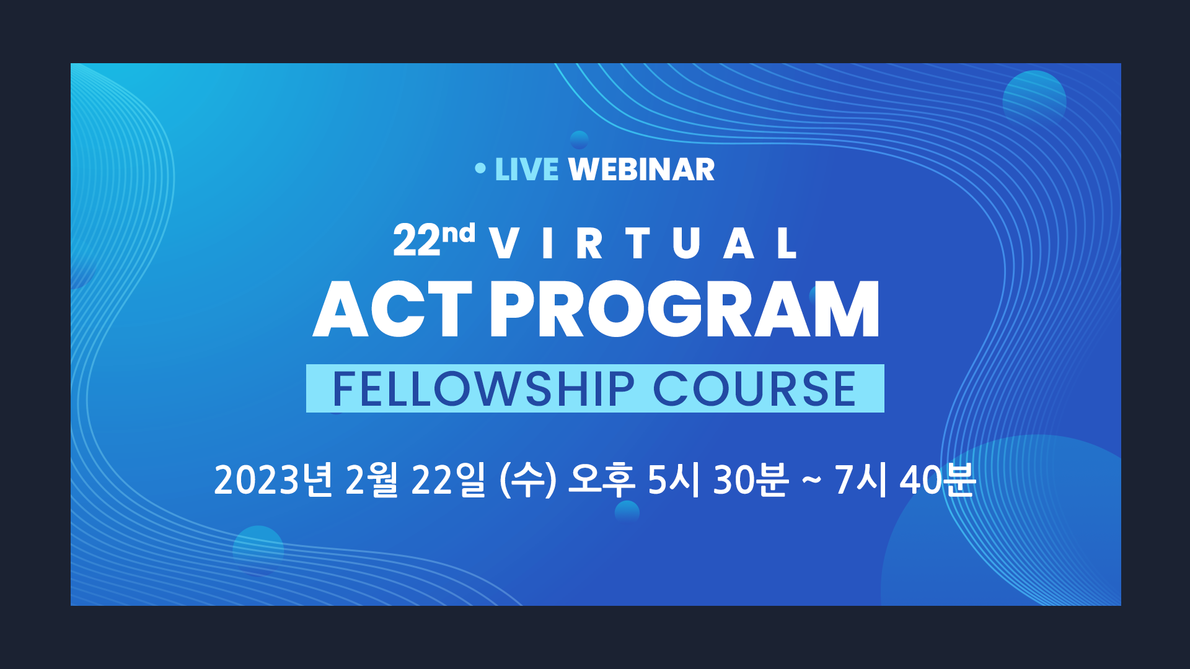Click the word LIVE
[526, 170]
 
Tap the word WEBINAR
[641, 170]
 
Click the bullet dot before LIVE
[480, 168]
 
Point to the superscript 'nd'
[458, 233]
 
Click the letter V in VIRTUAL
[503, 243]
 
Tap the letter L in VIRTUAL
[787, 243]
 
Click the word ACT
[393, 308]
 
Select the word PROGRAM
[685, 308]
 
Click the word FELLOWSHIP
[483, 389]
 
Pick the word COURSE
[754, 389]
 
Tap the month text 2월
[371, 479]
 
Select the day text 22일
[448, 479]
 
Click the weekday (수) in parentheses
[528, 479]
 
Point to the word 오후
[601, 479]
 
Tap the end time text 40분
[938, 479]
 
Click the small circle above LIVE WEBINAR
[579, 139]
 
